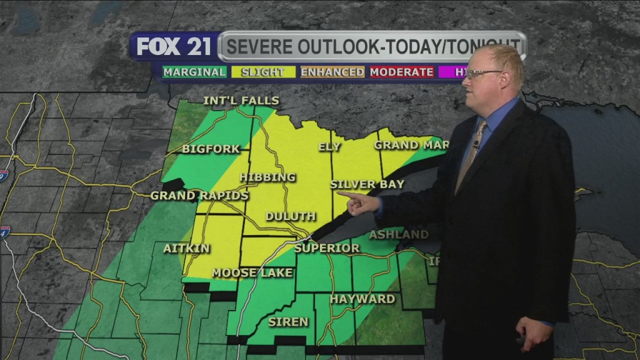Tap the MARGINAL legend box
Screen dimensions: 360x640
194,72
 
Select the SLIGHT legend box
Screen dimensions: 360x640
262,72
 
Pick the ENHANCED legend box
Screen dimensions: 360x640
332,72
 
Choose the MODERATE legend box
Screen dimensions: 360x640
401,72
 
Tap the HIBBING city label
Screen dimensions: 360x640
267,177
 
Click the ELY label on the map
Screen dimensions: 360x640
329,147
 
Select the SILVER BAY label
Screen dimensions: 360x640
367,184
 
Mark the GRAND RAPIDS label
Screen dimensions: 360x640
199,196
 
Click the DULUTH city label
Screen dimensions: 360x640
291,217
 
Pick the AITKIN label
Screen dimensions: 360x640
186,248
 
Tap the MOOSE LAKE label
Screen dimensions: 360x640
243,272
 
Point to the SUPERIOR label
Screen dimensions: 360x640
327,248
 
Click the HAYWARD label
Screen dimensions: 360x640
362,299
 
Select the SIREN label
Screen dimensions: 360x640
288,322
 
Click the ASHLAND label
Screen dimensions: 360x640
399,234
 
